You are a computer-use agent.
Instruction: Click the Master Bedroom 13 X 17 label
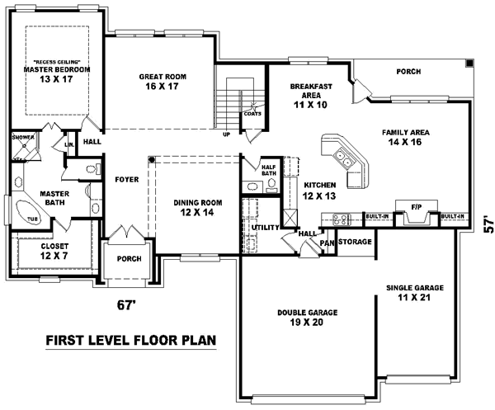(x=56, y=75)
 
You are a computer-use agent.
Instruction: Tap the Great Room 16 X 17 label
(x=162, y=81)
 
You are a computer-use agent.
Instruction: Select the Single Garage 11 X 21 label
(x=415, y=293)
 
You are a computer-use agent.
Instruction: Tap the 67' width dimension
(x=125, y=306)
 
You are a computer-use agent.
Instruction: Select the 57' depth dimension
(x=487, y=223)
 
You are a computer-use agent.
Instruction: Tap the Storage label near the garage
(x=355, y=243)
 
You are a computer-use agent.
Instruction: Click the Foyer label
(x=126, y=177)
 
